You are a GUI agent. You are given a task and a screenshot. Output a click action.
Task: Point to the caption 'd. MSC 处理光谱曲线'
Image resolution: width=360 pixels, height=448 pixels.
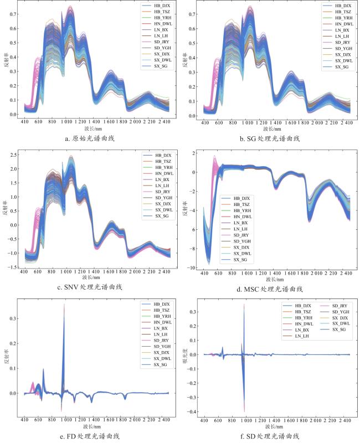(x=270, y=289)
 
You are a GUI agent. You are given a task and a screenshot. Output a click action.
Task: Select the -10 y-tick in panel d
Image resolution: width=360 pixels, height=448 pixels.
(x=193, y=268)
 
